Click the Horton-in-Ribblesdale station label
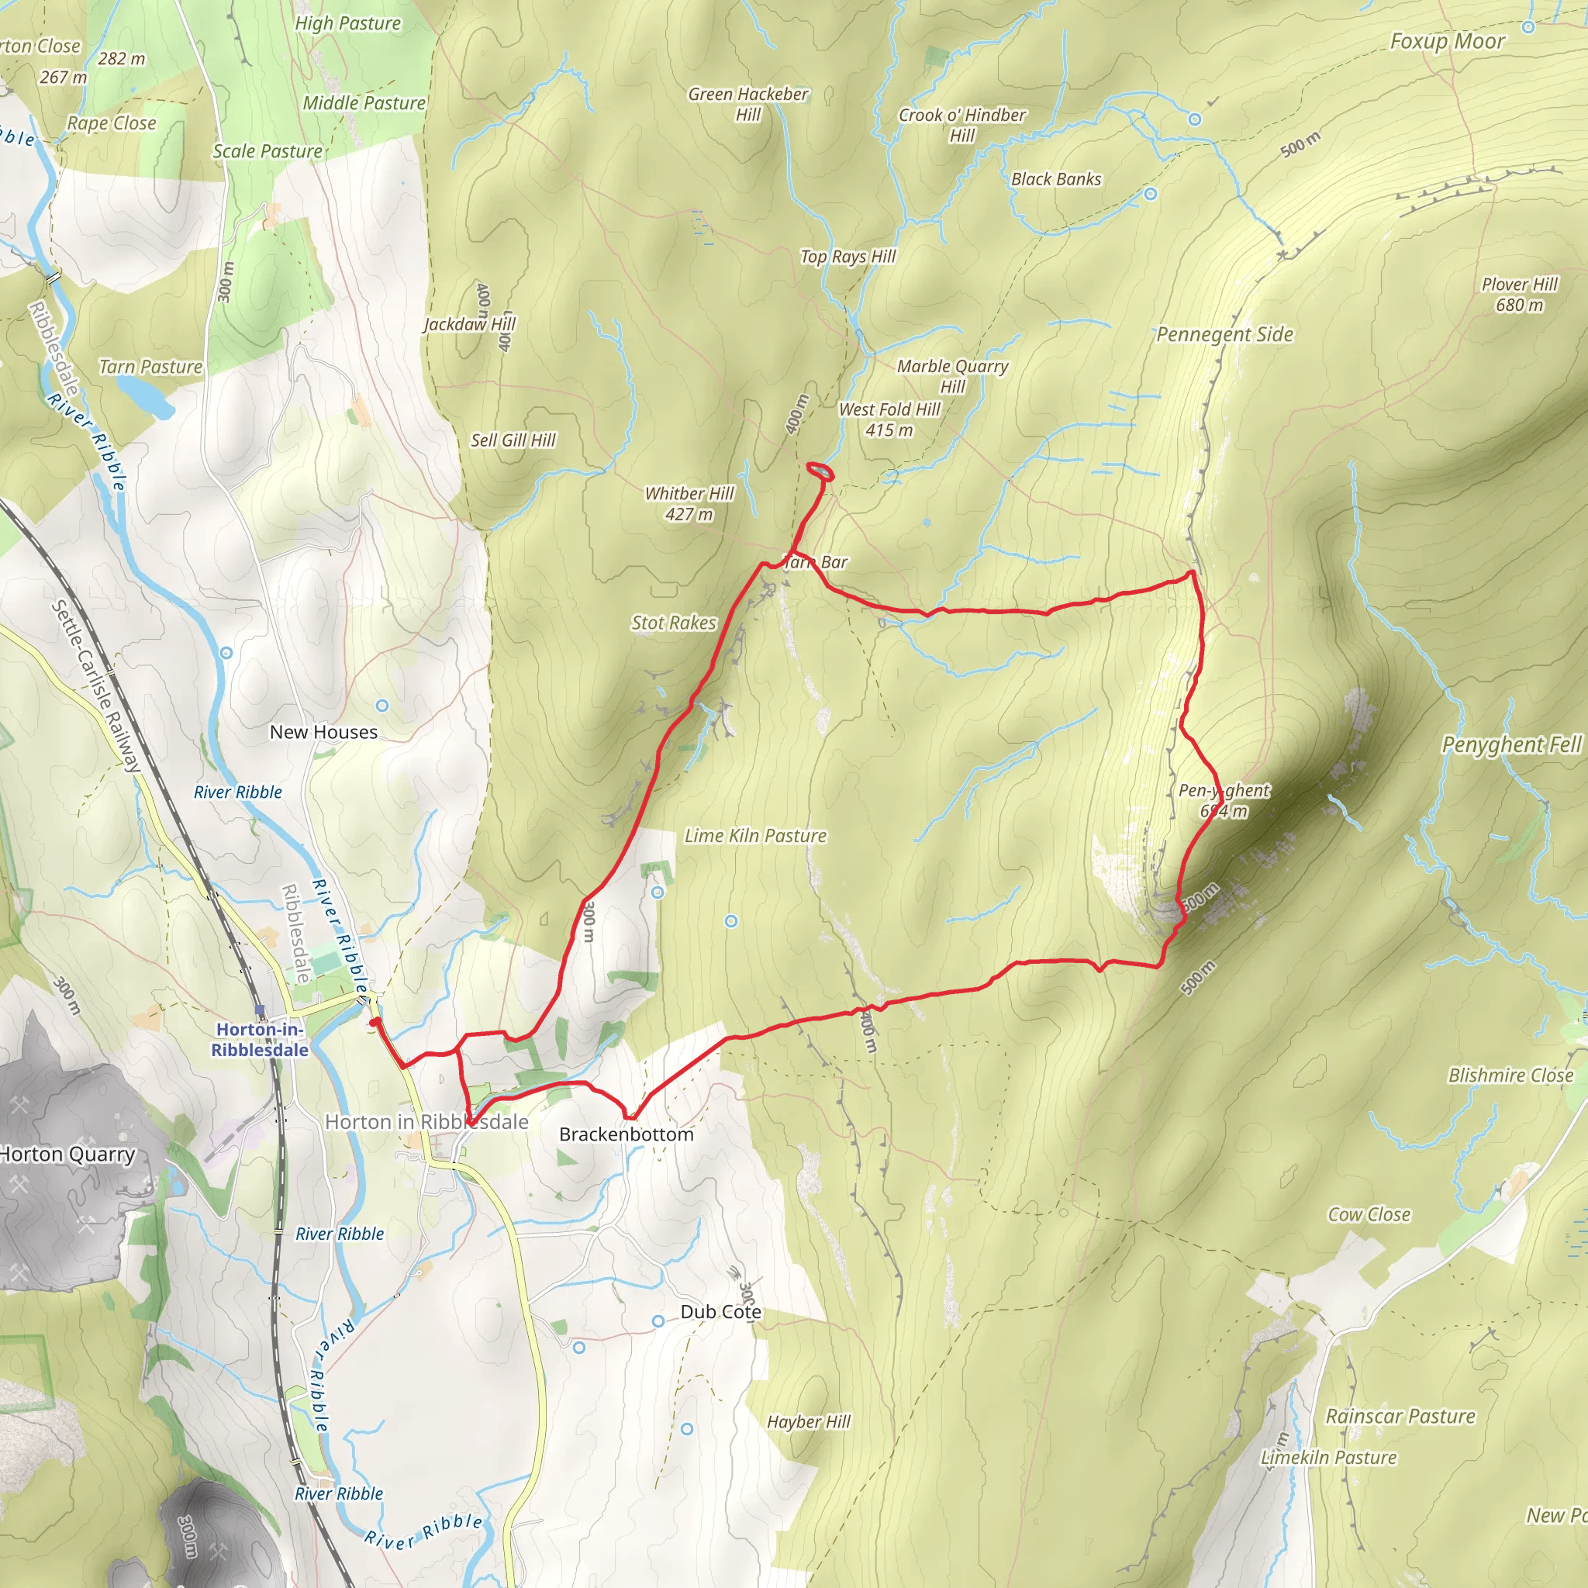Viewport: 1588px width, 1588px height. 260,1039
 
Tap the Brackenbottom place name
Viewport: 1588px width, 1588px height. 626,1134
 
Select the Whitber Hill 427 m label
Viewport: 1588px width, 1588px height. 689,503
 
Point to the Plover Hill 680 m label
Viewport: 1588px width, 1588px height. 1519,294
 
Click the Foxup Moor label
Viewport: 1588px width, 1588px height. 1447,41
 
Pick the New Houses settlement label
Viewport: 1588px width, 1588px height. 323,731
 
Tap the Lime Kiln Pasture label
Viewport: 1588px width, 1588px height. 754,835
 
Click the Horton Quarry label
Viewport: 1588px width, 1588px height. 67,1154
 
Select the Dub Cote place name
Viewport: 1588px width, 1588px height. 720,1312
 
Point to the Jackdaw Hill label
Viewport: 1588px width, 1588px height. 469,324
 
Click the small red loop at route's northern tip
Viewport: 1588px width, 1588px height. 820,471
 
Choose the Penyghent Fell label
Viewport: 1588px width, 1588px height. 1510,744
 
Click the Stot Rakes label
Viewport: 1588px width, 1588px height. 673,623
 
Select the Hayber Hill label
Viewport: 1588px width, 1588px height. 808,1422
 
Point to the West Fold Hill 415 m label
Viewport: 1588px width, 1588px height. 889,419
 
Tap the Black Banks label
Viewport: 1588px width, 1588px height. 1055,179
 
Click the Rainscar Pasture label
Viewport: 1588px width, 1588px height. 1400,1416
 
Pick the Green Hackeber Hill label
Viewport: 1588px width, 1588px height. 748,105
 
